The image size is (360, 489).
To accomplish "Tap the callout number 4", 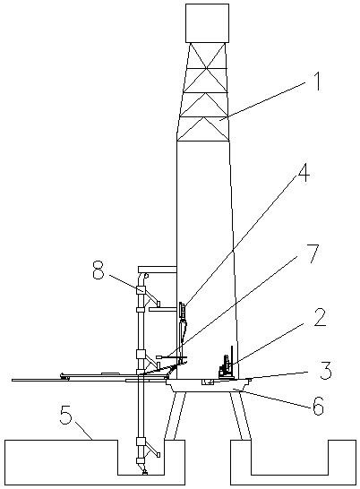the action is coord(303,173).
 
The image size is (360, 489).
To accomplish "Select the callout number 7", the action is coord(311,253).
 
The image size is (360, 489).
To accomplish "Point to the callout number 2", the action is coord(320,317).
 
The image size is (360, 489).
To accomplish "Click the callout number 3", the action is coord(325,370).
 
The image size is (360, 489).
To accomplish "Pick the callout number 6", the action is coord(318,406).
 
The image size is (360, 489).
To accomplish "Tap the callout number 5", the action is coord(66,415).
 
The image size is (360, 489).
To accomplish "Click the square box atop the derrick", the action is coord(207,22).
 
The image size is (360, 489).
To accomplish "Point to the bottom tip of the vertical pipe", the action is coord(145,474).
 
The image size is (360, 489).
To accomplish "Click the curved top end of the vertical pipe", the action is coord(142,277).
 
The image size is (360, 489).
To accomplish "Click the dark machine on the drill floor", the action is coord(226,366).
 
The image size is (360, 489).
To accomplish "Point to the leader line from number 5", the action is coord(83,430).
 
